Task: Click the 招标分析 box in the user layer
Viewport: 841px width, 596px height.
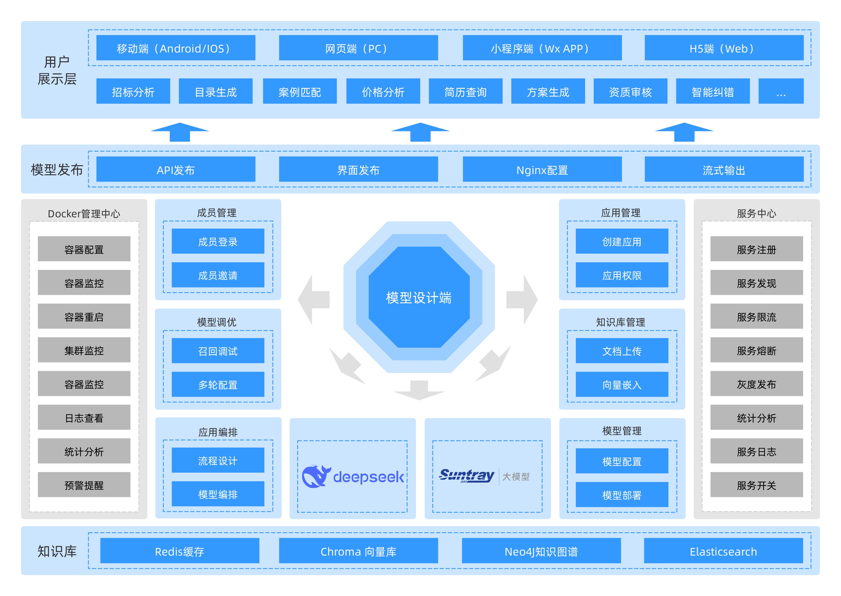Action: pos(133,92)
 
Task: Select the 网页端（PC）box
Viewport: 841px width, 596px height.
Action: pos(358,48)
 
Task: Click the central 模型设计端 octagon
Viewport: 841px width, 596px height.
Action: pos(419,297)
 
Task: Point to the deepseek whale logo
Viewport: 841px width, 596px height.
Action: pos(315,476)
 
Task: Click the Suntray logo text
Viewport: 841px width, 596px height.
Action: pos(467,475)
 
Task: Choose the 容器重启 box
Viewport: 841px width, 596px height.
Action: pos(84,316)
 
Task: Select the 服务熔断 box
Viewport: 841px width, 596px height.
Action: pos(756,350)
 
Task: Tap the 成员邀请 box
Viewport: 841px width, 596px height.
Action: pos(218,275)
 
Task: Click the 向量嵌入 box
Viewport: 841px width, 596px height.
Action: pos(622,384)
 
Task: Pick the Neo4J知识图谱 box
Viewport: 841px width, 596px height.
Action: pos(541,551)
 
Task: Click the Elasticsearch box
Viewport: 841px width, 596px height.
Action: pos(723,551)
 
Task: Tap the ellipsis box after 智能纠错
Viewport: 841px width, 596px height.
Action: pos(780,92)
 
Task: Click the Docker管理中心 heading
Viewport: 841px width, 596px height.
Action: pos(84,214)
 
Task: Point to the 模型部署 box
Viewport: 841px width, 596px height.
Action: pos(622,495)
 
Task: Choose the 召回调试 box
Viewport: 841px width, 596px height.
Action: pos(218,351)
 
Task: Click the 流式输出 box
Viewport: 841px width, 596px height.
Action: pos(724,170)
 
